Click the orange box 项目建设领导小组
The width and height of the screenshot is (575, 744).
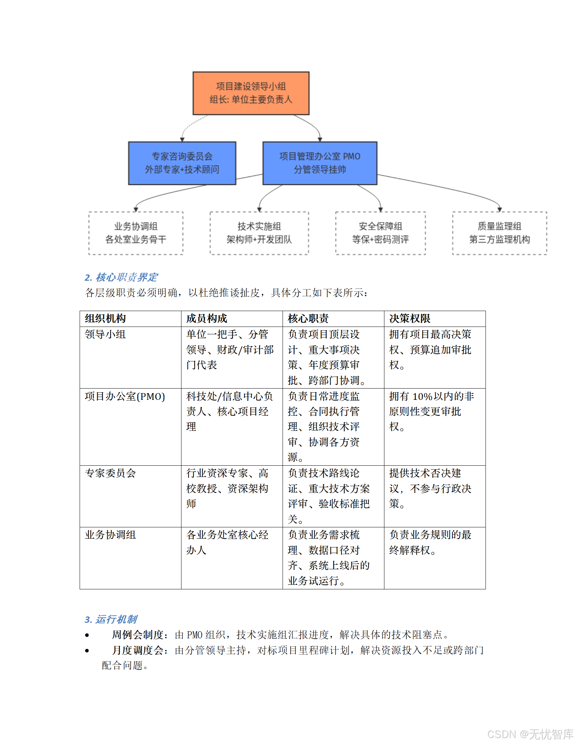pos(251,93)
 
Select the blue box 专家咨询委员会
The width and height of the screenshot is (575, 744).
pos(182,163)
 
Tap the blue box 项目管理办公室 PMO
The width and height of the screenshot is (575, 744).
pos(320,163)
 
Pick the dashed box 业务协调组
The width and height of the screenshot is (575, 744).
pos(136,233)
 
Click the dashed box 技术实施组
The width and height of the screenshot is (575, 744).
pos(259,233)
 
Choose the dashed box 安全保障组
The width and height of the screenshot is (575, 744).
pos(380,233)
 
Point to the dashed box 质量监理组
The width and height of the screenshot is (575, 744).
pos(499,233)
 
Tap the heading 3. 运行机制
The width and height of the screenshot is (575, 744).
pos(111,619)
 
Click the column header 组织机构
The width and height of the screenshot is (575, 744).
pos(105,318)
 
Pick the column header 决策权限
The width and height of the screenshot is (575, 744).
pos(409,318)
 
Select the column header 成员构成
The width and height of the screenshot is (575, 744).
pos(206,318)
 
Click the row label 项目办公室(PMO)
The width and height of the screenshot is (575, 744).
pos(125,396)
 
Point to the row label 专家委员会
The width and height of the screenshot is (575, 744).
pos(110,473)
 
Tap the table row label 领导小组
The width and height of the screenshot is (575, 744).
pos(105,334)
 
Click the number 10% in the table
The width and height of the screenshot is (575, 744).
pos(422,396)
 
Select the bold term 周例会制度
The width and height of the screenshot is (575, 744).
pos(137,634)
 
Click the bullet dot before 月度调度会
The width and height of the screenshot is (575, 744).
pos(87,650)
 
